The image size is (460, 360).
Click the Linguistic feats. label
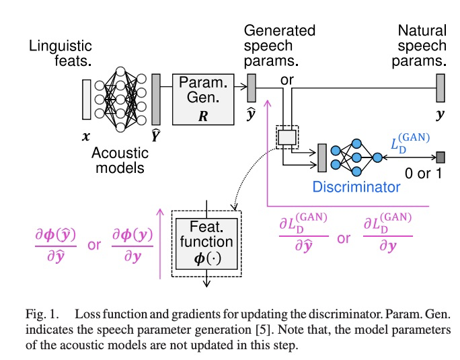(x=60, y=54)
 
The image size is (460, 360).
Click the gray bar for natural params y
(x=440, y=87)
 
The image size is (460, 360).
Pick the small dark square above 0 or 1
(x=440, y=158)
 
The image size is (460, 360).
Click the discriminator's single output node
(x=378, y=157)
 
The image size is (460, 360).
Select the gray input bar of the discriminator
(x=322, y=157)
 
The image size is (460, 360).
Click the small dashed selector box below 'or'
(x=287, y=137)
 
